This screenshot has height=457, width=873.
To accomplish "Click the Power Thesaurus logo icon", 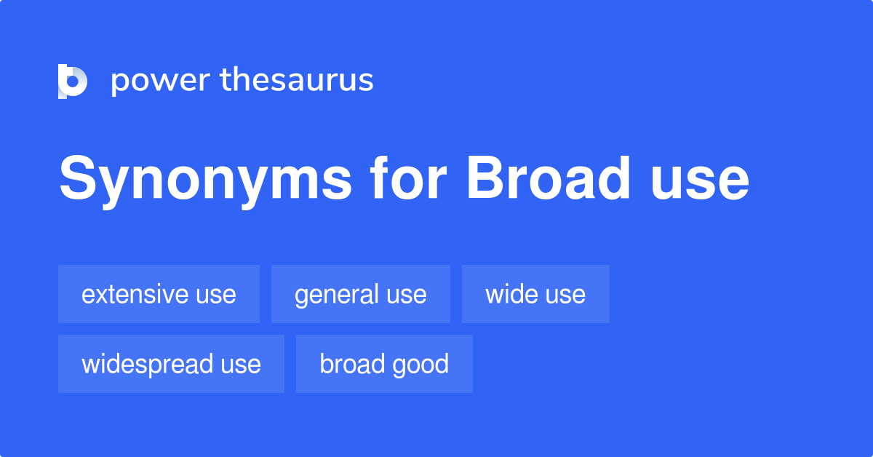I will (73, 81).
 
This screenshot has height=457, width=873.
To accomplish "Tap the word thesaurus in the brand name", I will (297, 81).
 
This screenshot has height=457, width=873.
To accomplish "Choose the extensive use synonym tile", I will (159, 294).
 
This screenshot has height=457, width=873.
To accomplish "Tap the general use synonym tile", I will (360, 294).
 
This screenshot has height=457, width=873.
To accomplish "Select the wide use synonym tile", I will (535, 294).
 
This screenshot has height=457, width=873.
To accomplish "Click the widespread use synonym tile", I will (171, 364).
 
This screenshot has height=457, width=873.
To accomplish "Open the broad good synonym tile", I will (384, 364).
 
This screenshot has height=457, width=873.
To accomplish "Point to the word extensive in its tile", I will (135, 294).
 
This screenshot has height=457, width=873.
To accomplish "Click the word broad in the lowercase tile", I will (351, 364).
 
